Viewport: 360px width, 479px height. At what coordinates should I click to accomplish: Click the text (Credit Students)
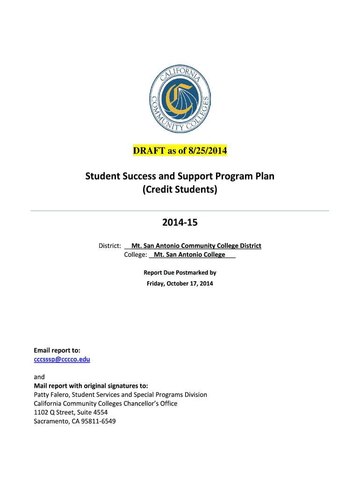(180, 190)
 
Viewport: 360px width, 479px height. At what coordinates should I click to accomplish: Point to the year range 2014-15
(180, 223)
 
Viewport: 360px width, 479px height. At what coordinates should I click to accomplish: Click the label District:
(110, 246)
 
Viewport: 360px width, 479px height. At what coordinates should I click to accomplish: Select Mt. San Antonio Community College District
(196, 246)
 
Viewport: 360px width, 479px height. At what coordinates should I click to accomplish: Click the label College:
(136, 254)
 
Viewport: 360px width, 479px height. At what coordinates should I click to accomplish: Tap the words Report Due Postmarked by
(180, 272)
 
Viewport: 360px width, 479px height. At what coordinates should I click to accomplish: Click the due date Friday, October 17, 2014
(180, 283)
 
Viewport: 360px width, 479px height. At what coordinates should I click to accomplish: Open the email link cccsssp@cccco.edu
(62, 359)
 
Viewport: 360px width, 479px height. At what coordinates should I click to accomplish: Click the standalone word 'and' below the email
(39, 377)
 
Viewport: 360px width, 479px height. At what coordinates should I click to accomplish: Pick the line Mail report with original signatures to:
(91, 386)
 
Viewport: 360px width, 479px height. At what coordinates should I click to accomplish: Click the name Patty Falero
(52, 395)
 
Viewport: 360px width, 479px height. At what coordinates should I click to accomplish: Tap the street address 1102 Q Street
(54, 412)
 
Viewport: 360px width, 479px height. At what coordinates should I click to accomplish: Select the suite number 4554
(99, 412)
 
